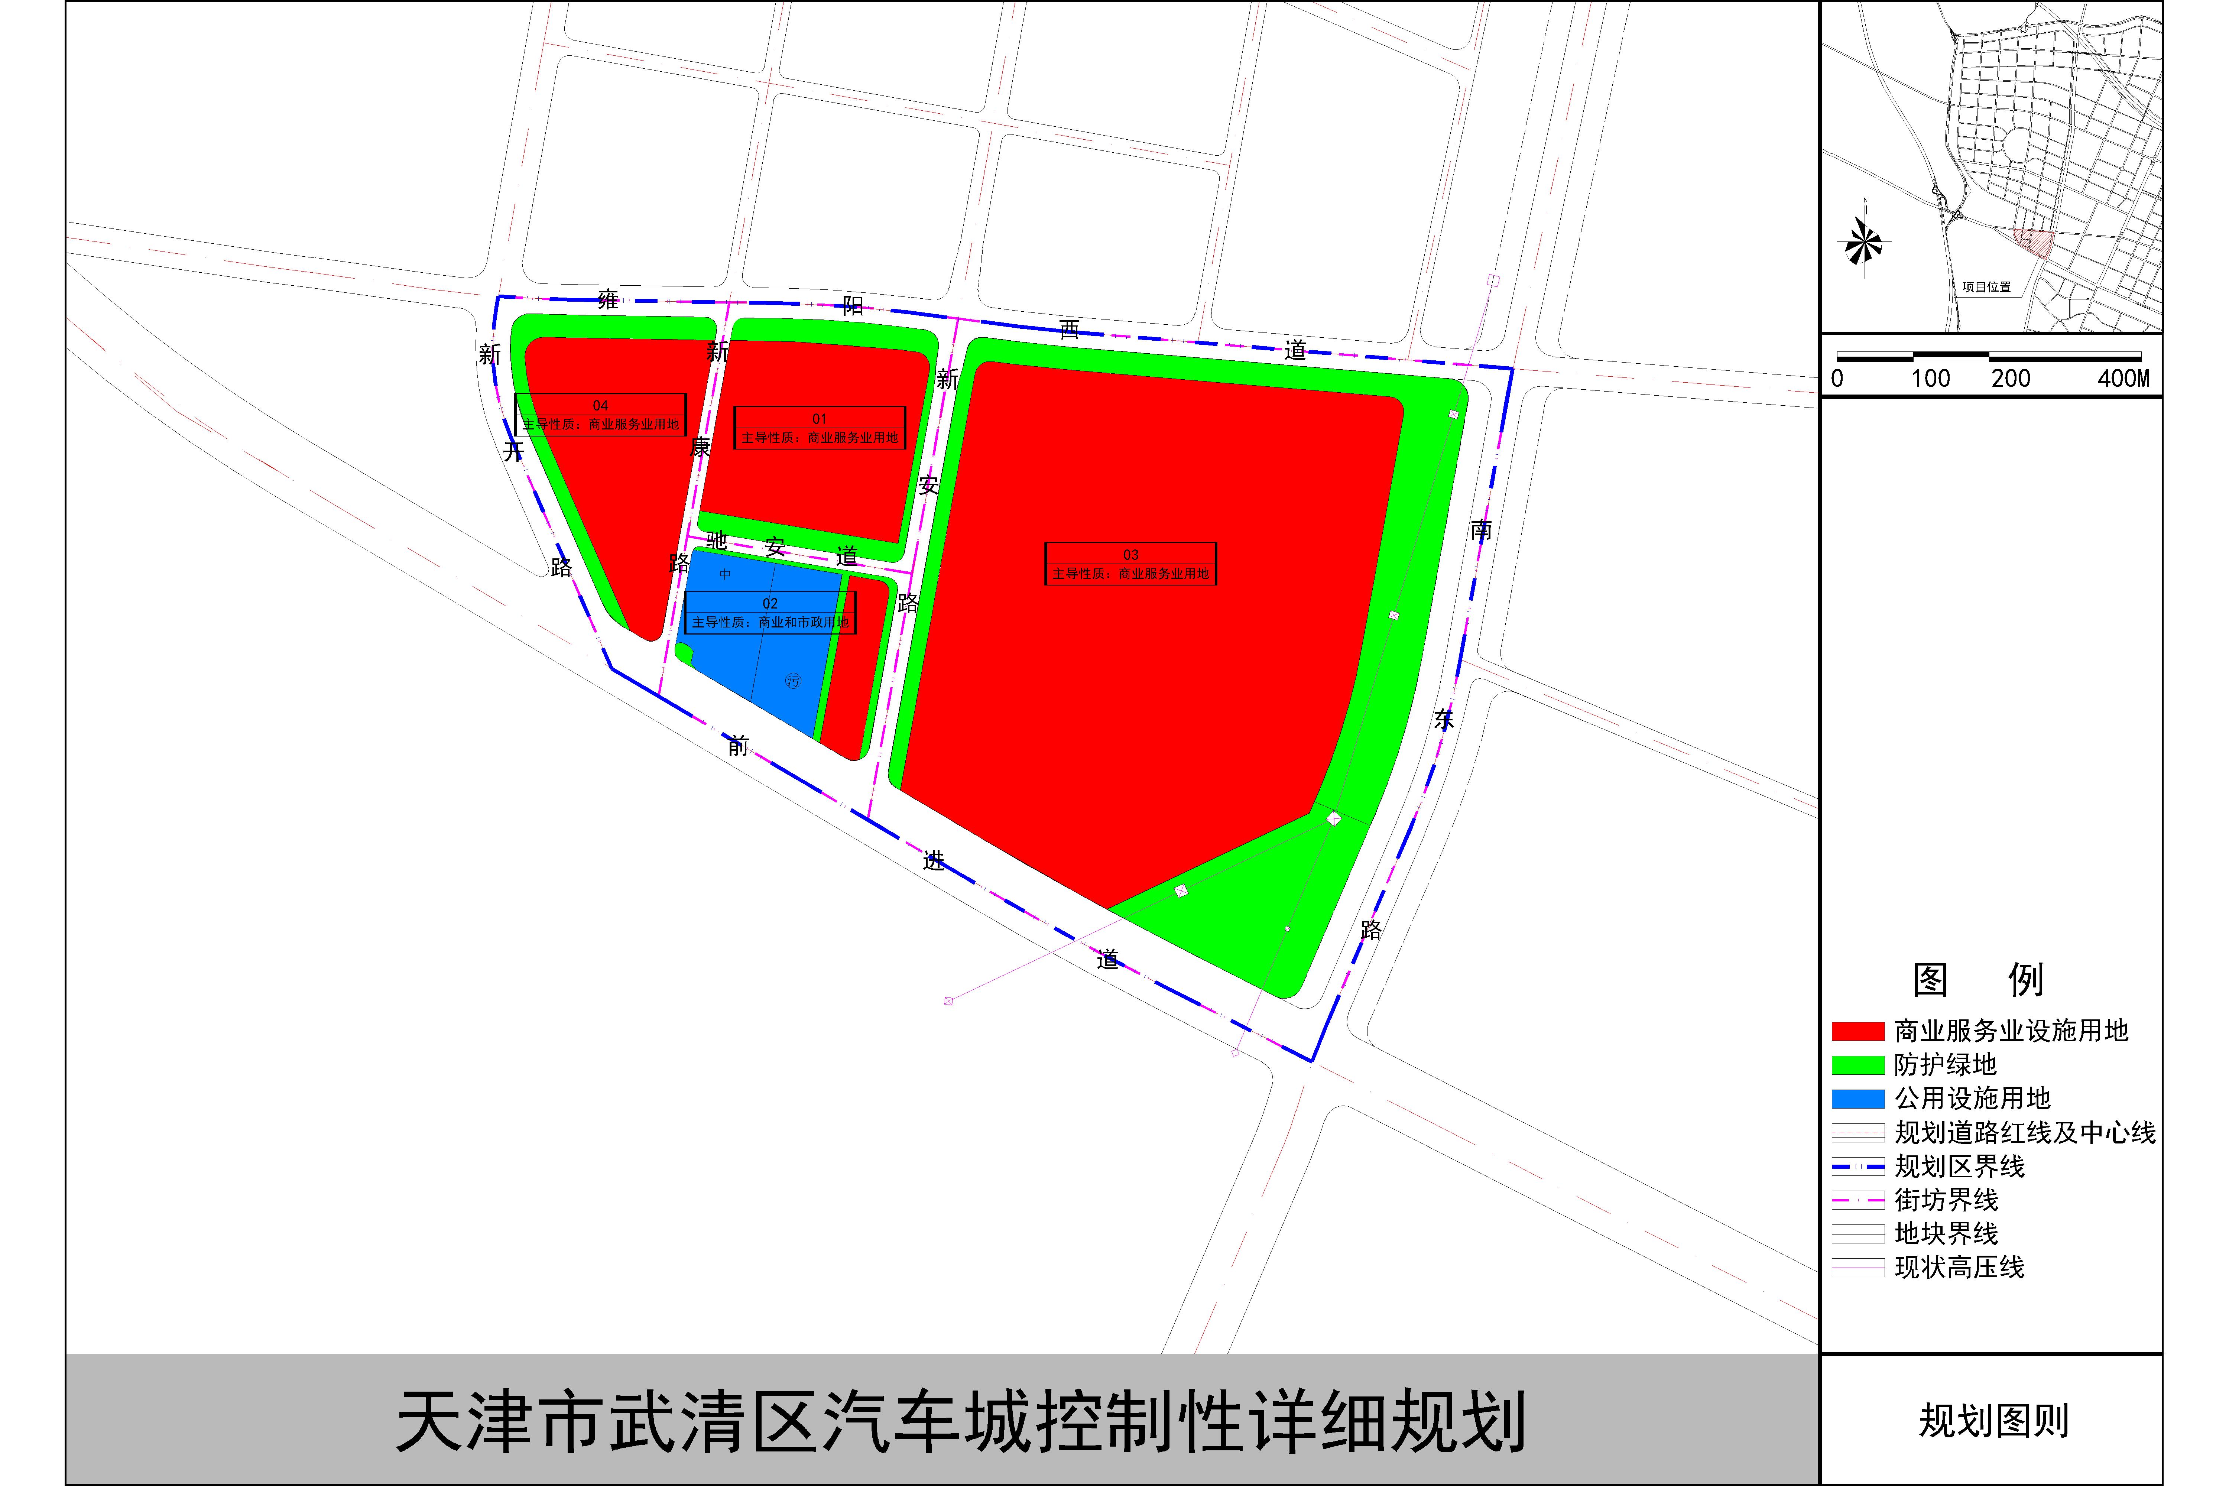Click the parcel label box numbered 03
coord(1130,564)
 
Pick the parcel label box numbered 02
coord(769,612)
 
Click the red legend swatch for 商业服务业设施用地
coord(1856,1031)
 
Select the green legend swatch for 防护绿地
coord(1856,1065)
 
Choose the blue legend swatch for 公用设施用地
coord(1856,1099)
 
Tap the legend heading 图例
coord(1978,979)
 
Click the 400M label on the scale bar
coord(2123,379)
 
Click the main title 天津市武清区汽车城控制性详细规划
coord(959,1422)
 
